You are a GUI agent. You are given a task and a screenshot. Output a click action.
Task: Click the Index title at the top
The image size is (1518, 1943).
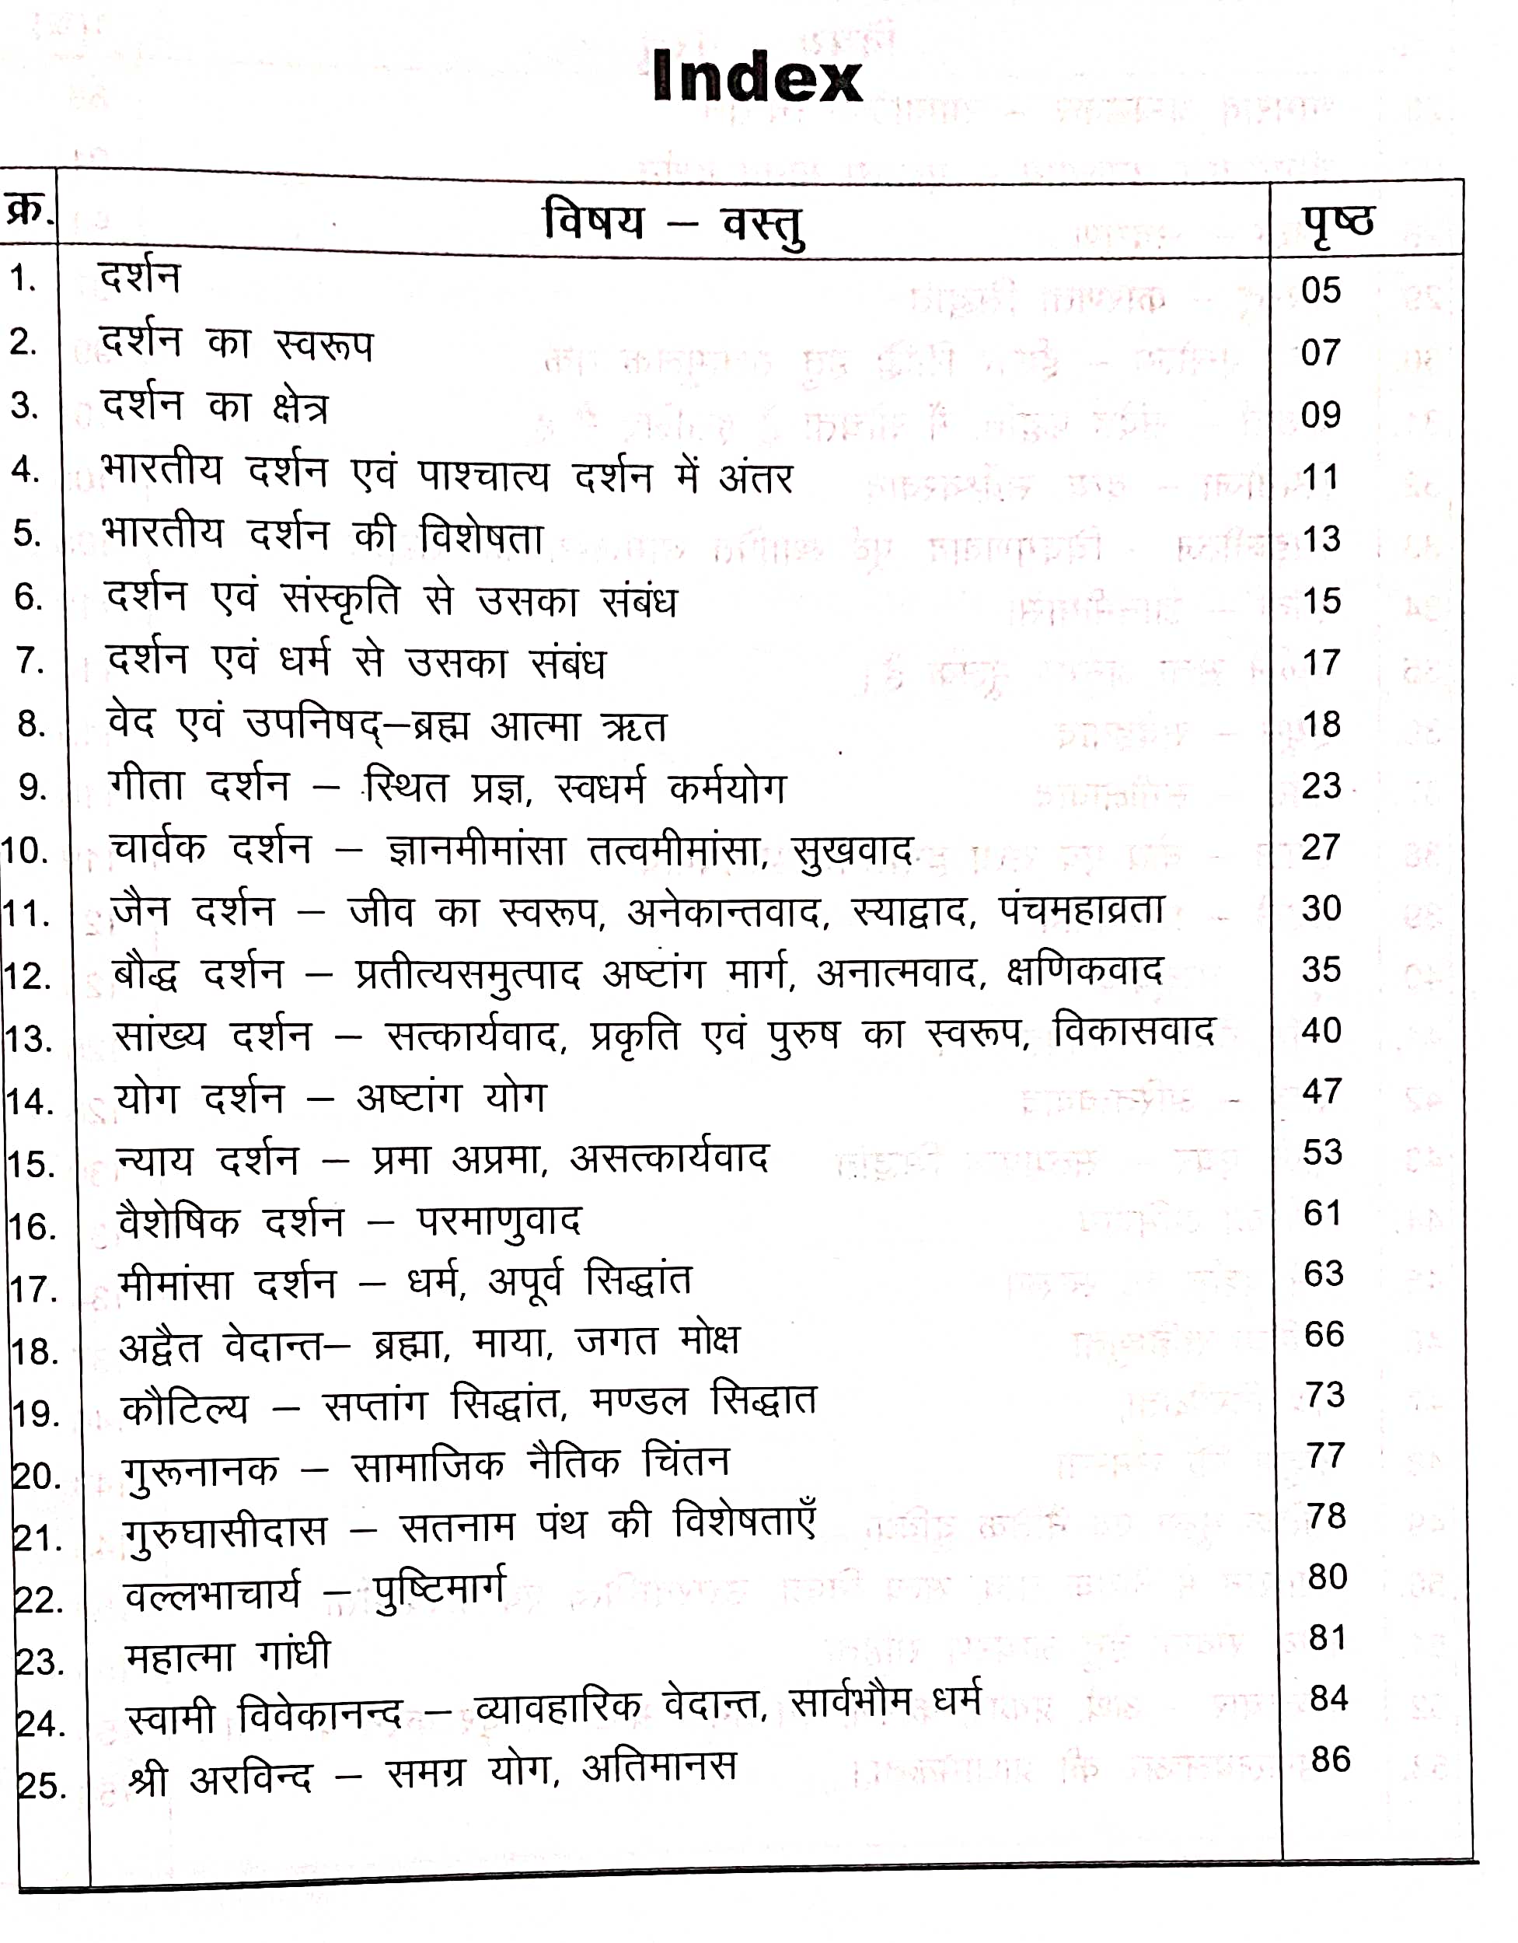tap(757, 78)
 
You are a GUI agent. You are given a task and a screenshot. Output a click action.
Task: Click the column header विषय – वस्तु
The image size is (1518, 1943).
tap(673, 224)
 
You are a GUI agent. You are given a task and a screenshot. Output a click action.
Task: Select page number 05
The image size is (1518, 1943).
tap(1321, 291)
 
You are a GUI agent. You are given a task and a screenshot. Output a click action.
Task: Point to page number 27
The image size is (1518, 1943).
tap(1321, 847)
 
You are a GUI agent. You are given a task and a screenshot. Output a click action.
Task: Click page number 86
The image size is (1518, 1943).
tap(1331, 1759)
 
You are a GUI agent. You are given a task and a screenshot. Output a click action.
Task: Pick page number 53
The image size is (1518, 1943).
tap(1322, 1152)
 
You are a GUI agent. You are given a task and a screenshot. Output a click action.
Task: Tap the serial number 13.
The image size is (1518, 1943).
tap(29, 1039)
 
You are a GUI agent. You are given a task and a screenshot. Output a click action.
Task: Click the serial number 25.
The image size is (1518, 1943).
tap(41, 1785)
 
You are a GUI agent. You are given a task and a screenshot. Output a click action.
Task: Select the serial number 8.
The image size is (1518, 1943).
tap(31, 724)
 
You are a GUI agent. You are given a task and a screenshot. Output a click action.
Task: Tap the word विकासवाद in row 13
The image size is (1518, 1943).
tap(1133, 1032)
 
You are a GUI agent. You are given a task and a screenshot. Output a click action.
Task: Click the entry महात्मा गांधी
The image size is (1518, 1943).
tap(228, 1655)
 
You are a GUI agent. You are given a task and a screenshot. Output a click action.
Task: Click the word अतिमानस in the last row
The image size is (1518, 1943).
tap(659, 1766)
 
